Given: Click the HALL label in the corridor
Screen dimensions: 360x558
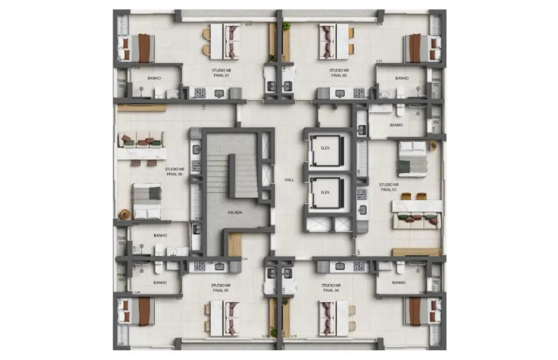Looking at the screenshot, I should pyautogui.click(x=289, y=180).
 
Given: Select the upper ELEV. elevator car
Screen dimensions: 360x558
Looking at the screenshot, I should pyautogui.click(x=326, y=148).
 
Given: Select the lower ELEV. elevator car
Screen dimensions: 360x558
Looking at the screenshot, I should pyautogui.click(x=326, y=192).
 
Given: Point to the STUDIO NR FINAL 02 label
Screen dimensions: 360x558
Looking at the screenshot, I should pyautogui.click(x=339, y=73).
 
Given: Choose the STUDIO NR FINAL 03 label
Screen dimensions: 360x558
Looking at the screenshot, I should pyautogui.click(x=388, y=187).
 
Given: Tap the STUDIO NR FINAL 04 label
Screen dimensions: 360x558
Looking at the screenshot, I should pyautogui.click(x=331, y=287).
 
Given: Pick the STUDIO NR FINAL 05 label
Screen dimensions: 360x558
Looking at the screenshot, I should pyautogui.click(x=220, y=287).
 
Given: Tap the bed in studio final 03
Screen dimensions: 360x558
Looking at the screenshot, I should pyautogui.click(x=412, y=158).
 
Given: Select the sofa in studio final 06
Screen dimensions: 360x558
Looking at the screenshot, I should pyautogui.click(x=141, y=139).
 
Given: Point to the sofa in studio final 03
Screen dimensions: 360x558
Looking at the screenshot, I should pyautogui.click(x=417, y=221).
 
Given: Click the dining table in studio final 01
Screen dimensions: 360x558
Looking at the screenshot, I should pyautogui.click(x=232, y=40).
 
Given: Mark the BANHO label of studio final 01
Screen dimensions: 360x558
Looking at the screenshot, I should pyautogui.click(x=154, y=78).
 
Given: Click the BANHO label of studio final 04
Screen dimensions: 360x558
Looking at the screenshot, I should pyautogui.click(x=398, y=282).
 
